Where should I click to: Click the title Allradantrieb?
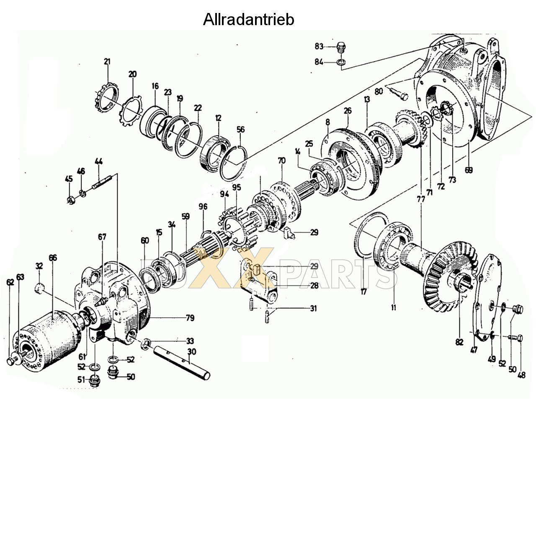(x=248, y=20)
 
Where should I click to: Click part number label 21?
(x=107, y=62)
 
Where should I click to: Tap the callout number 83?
(x=319, y=46)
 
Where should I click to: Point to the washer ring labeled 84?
(x=341, y=62)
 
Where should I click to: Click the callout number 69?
(x=469, y=170)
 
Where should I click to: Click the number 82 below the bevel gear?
(x=459, y=342)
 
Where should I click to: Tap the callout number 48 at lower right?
(x=521, y=375)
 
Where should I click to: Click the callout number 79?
(x=190, y=318)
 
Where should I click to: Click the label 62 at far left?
(x=10, y=282)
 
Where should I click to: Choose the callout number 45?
(x=69, y=179)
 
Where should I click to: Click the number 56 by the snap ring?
(x=240, y=130)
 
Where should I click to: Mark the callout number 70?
(x=281, y=160)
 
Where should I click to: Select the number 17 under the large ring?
(x=363, y=291)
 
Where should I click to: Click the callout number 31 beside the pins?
(x=313, y=309)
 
